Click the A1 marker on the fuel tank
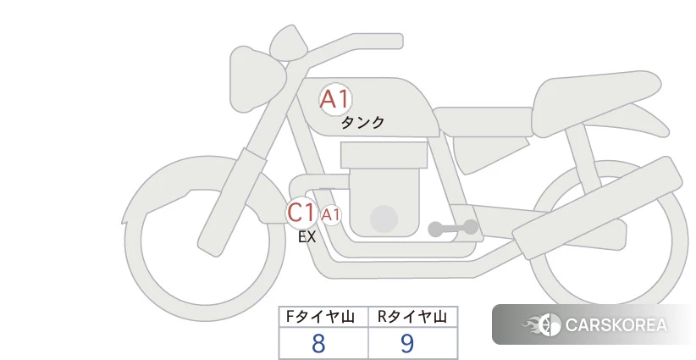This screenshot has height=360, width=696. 335,99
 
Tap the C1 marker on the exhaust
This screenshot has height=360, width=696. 301,212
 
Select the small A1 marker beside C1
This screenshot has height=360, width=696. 331,215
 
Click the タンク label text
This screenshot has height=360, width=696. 362,123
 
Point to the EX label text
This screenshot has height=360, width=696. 307,237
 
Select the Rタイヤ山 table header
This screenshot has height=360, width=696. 413,317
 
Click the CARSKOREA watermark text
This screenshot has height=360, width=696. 616,325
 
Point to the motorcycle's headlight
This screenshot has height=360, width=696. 257,79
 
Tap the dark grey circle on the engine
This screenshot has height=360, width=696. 384,219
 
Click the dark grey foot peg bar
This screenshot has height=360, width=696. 453,228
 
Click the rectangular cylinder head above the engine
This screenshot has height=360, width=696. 384,155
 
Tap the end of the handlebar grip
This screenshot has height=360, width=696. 398,42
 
